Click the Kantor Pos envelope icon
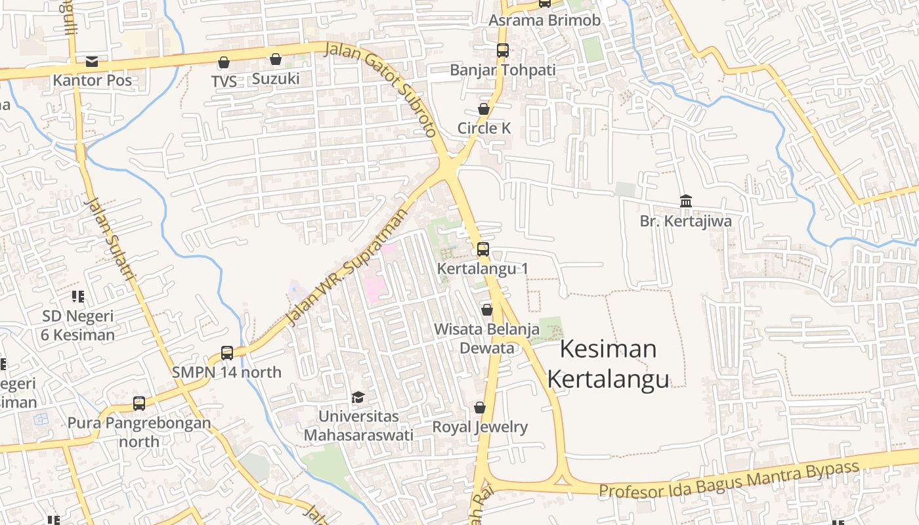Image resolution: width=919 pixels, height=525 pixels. coord(92,62)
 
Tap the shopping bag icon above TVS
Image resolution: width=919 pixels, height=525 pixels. coord(224,62)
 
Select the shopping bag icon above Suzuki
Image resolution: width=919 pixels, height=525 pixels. coord(276,60)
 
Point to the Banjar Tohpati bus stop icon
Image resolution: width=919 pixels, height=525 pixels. coord(502,51)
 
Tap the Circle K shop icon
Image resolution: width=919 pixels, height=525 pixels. coord(484,109)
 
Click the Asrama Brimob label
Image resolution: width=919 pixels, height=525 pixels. coord(544,20)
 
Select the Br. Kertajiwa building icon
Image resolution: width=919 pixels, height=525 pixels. coord(686,201)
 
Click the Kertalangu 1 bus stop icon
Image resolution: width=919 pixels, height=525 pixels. coord(483,249)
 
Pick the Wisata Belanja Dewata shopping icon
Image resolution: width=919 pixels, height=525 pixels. coord(486,310)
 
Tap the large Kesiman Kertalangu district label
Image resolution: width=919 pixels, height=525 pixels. coord(608,364)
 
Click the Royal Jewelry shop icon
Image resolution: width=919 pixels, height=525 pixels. coord(480,408)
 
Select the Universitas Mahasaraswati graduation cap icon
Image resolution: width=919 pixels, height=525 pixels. coord(358,397)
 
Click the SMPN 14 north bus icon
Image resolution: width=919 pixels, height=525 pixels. coord(227,353)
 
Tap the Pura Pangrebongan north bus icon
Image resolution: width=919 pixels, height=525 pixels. coord(139,404)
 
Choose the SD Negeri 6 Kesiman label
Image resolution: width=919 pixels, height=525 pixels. coord(78,325)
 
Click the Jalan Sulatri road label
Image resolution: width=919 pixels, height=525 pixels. coord(110,240)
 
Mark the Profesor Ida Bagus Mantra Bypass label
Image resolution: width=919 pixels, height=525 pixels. coord(729,480)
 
